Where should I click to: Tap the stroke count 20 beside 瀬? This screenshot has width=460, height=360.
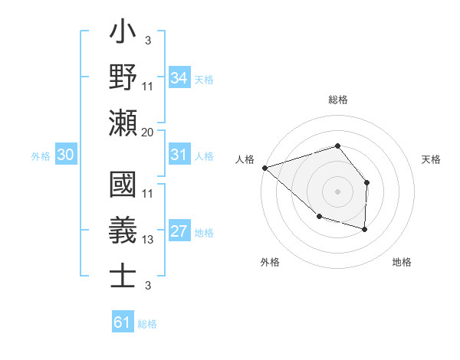148,132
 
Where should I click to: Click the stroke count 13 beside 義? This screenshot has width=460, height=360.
148,240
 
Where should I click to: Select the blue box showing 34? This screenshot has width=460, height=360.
179,77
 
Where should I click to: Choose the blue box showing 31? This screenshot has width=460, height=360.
179,155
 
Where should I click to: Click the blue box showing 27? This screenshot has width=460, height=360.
179,232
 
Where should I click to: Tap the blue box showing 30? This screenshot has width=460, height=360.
65,155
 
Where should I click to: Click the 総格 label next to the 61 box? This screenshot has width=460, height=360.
147,324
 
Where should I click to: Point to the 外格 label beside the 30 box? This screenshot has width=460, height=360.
41,156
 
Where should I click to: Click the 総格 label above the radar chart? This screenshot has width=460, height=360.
337,100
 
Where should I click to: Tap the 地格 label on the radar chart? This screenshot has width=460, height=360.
402,262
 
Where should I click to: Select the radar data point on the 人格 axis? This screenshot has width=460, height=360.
264,167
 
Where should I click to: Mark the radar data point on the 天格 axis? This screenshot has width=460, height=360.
367,182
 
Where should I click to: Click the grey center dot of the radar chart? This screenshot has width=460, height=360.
337,191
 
